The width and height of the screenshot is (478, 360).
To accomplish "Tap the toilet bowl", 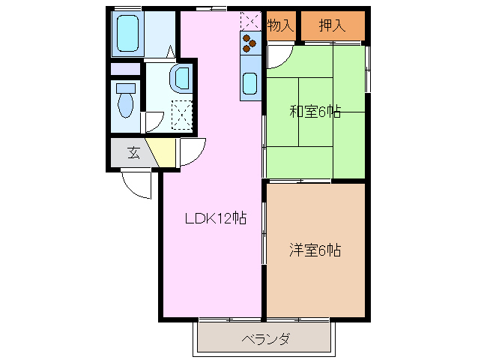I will coord(125,99).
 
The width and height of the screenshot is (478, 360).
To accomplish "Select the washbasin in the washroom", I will coord(181,78).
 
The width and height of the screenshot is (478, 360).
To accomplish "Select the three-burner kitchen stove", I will coord(249,44).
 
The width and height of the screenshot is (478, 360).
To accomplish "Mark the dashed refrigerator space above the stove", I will coord(249,21).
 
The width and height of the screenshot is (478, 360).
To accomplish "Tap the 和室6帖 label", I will coord(315,112).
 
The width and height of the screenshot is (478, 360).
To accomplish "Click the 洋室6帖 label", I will coord(315,250).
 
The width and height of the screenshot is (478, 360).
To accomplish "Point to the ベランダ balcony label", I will coord(265,339).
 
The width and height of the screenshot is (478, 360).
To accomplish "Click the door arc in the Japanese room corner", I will coord(278,56).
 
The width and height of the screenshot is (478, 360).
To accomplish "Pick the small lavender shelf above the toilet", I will coord(125,69).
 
